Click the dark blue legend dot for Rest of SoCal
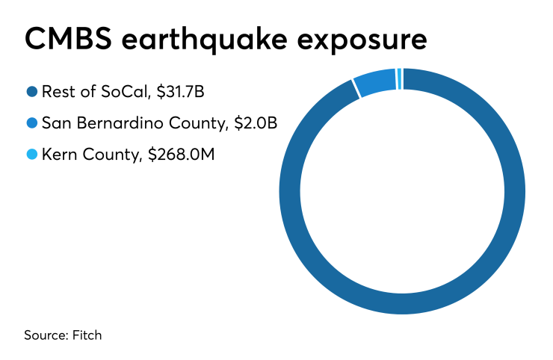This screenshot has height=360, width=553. (32, 93)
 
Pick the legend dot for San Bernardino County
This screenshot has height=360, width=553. (32, 123)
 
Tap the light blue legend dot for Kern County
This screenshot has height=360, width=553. (32, 154)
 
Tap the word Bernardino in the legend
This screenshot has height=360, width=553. (112, 123)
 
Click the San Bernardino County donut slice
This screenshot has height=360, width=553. (375, 84)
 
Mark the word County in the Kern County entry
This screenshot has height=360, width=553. (108, 154)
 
